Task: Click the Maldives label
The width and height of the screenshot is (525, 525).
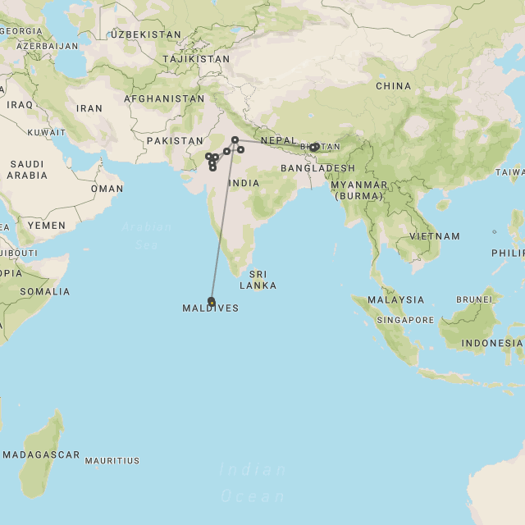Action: [x=211, y=308]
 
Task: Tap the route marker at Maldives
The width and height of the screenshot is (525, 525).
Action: [x=212, y=301]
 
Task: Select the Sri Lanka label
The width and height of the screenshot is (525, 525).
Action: [x=258, y=280]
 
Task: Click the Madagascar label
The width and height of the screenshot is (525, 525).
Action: [x=41, y=454]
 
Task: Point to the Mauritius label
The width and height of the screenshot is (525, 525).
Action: [x=112, y=461]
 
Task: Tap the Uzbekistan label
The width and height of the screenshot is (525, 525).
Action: [x=146, y=34]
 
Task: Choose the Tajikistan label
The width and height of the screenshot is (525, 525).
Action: [x=196, y=59]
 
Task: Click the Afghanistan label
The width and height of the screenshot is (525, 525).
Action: [x=164, y=98]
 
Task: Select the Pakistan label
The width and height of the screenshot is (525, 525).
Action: [x=174, y=141]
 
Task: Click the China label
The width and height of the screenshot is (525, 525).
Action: [x=393, y=86]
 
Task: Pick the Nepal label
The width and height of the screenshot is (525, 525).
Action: [x=279, y=140]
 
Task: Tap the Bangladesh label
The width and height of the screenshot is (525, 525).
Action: [x=317, y=168]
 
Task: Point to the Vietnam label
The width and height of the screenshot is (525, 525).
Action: [x=435, y=236]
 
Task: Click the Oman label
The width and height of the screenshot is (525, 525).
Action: [x=107, y=189]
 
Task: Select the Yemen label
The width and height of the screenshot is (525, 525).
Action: [x=46, y=225]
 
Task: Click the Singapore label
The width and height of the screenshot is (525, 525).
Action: [x=405, y=320]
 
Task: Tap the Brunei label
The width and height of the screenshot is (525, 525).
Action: [x=475, y=299]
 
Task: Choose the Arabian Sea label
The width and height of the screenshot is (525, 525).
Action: [x=147, y=235]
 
